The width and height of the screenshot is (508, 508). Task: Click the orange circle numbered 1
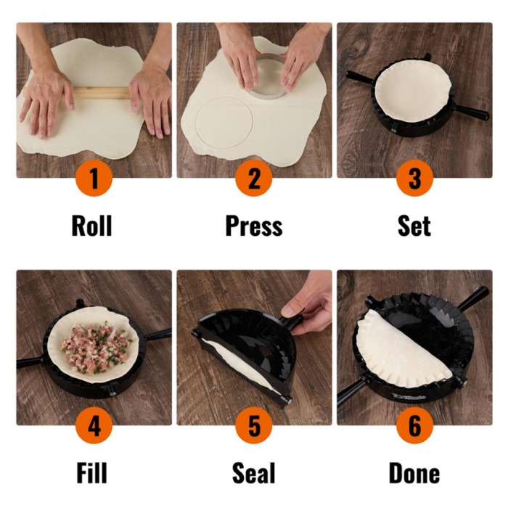point(94,178)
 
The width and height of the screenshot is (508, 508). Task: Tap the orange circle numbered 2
point(254,178)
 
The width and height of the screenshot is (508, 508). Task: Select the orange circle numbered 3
point(414,178)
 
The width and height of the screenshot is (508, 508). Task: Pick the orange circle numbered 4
point(94,426)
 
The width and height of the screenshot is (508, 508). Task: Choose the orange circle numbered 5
point(254,426)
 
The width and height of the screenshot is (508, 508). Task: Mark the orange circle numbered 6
point(414,426)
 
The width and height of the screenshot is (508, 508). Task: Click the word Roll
point(91,226)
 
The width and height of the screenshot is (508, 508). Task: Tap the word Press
point(253,226)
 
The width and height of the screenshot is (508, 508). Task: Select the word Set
point(414,226)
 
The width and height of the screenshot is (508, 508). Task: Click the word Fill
point(91,474)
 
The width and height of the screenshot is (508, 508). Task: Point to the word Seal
point(253,474)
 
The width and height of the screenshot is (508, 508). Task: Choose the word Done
point(414,474)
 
